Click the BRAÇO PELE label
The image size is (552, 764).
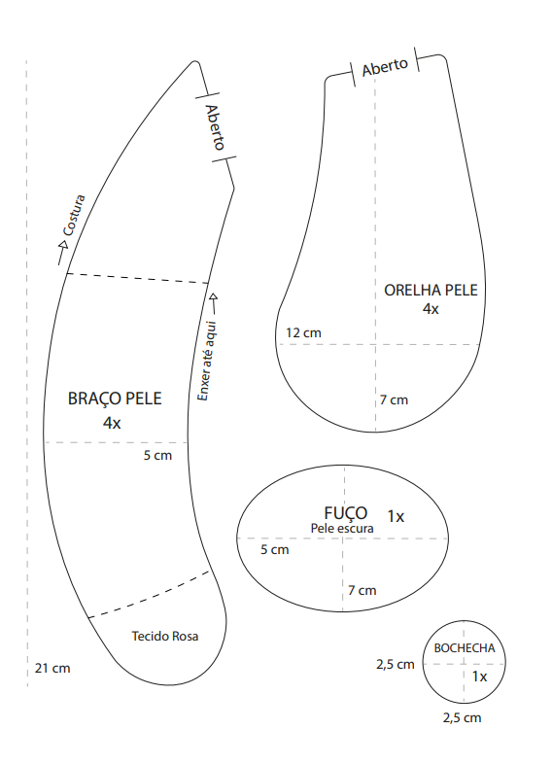(x=115, y=399)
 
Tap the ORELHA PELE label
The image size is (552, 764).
(x=431, y=291)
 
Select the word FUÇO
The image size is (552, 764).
(x=346, y=513)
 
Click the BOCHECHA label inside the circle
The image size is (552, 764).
(x=465, y=648)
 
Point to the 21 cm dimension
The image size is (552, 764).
(x=52, y=669)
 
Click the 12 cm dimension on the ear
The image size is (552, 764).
(x=303, y=332)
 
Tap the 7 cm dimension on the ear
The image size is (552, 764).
(x=395, y=400)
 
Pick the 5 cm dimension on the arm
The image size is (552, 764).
(x=157, y=456)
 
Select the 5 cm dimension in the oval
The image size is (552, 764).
(x=275, y=549)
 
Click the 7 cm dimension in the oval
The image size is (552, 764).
(x=362, y=591)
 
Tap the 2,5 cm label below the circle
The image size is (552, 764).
(x=462, y=718)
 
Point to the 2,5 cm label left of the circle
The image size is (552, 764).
(x=396, y=664)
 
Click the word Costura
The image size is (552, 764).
(x=74, y=216)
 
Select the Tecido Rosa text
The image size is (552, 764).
(x=165, y=637)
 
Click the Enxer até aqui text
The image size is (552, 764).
(x=207, y=361)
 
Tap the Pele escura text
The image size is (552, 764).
(x=342, y=528)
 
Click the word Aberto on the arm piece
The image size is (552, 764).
(x=216, y=126)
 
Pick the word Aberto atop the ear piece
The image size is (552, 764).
(x=385, y=67)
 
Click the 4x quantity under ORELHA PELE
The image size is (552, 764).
(x=431, y=309)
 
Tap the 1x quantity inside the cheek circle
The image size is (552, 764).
(x=479, y=677)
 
